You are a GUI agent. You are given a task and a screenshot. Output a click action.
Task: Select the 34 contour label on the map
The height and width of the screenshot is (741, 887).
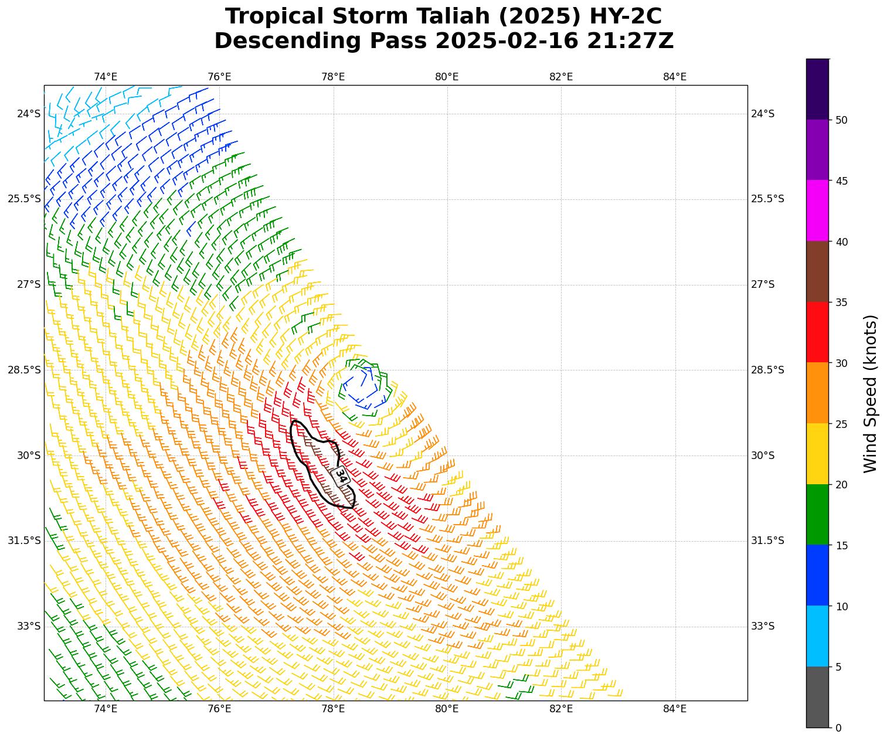(x=341, y=475)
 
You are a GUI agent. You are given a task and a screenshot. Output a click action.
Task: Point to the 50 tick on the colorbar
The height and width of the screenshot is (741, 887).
(x=841, y=120)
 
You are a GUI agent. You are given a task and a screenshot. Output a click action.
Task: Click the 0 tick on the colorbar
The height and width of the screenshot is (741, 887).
(x=838, y=728)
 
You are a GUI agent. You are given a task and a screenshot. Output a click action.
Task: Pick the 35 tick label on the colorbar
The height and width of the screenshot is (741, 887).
(x=841, y=302)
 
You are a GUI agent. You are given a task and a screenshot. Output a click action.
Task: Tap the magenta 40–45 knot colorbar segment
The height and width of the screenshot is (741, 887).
(x=817, y=210)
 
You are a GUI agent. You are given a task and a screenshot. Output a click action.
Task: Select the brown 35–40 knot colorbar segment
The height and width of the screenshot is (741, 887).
(x=817, y=271)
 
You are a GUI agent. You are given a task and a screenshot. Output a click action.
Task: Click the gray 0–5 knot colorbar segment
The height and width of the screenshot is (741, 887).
(x=817, y=697)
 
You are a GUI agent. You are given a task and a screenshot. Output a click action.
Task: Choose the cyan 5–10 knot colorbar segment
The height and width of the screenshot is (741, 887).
(x=817, y=636)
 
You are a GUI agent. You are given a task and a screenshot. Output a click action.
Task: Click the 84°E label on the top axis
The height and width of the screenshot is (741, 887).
(x=675, y=77)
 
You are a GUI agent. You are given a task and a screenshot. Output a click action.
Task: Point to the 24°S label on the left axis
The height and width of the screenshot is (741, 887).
(x=29, y=114)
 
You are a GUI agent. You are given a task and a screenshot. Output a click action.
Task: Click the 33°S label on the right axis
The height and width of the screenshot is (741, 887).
(x=763, y=626)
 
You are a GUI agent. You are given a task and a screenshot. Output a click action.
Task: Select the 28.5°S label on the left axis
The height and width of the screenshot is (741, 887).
(x=24, y=370)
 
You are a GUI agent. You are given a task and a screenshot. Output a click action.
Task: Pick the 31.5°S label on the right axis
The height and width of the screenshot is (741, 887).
(x=767, y=541)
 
